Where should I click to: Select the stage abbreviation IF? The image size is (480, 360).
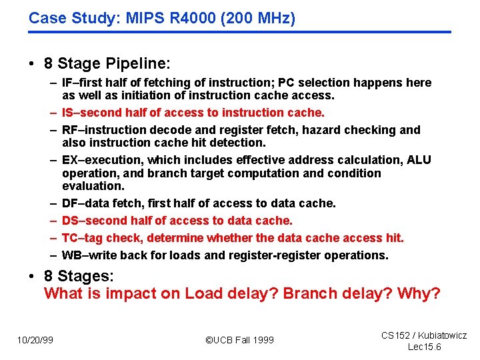[67, 83]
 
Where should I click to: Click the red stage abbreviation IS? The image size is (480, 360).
[68, 113]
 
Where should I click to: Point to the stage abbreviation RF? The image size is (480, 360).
[69, 130]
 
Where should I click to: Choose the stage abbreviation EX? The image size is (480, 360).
[69, 160]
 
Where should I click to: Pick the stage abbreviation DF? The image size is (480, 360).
[69, 203]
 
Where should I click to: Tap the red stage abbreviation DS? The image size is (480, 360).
[70, 221]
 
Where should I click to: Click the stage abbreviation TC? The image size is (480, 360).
[69, 238]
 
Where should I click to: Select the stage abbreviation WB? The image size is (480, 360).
[71, 255]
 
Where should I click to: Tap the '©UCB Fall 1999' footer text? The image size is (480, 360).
[239, 340]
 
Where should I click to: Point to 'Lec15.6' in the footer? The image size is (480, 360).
[424, 347]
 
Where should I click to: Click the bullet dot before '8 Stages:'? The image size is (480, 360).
[31, 276]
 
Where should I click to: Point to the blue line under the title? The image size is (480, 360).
[239, 32]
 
